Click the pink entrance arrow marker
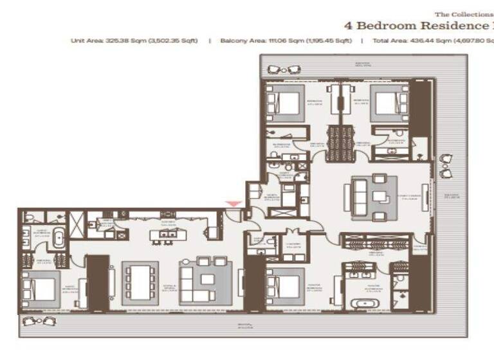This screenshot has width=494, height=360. pos(234,204)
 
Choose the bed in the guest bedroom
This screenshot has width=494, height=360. pos(41,289)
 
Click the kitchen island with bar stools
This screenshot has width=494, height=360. pos(165,235)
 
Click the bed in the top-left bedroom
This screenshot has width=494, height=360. pos(285,104)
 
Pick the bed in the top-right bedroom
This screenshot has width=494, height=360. pos(390,104)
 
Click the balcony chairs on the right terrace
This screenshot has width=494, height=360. pos(445,165)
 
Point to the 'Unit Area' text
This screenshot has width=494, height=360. pos(87,40)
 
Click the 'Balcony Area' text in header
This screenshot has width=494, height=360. pos(241,40)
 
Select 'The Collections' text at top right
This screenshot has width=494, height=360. pos(463,14)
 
